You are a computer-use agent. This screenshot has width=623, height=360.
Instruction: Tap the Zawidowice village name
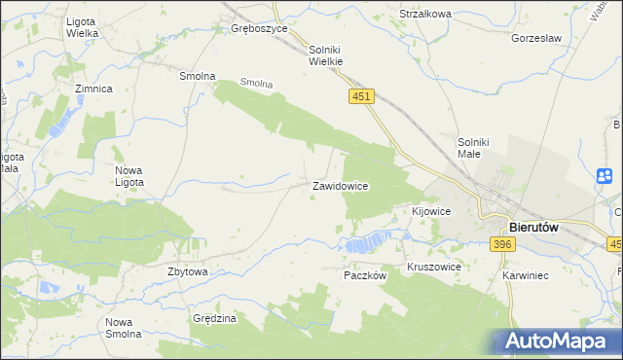pos(339,185)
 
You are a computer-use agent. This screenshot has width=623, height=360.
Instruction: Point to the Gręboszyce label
pos(259,29)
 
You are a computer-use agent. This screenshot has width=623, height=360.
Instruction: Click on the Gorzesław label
pos(536,39)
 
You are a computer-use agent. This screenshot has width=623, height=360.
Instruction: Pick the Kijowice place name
pos(430,211)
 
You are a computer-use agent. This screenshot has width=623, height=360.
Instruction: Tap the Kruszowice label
pos(433,266)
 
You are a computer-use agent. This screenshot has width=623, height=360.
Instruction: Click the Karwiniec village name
pos(526,275)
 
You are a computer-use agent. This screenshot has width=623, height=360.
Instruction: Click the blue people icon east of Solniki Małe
pos(605,176)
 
